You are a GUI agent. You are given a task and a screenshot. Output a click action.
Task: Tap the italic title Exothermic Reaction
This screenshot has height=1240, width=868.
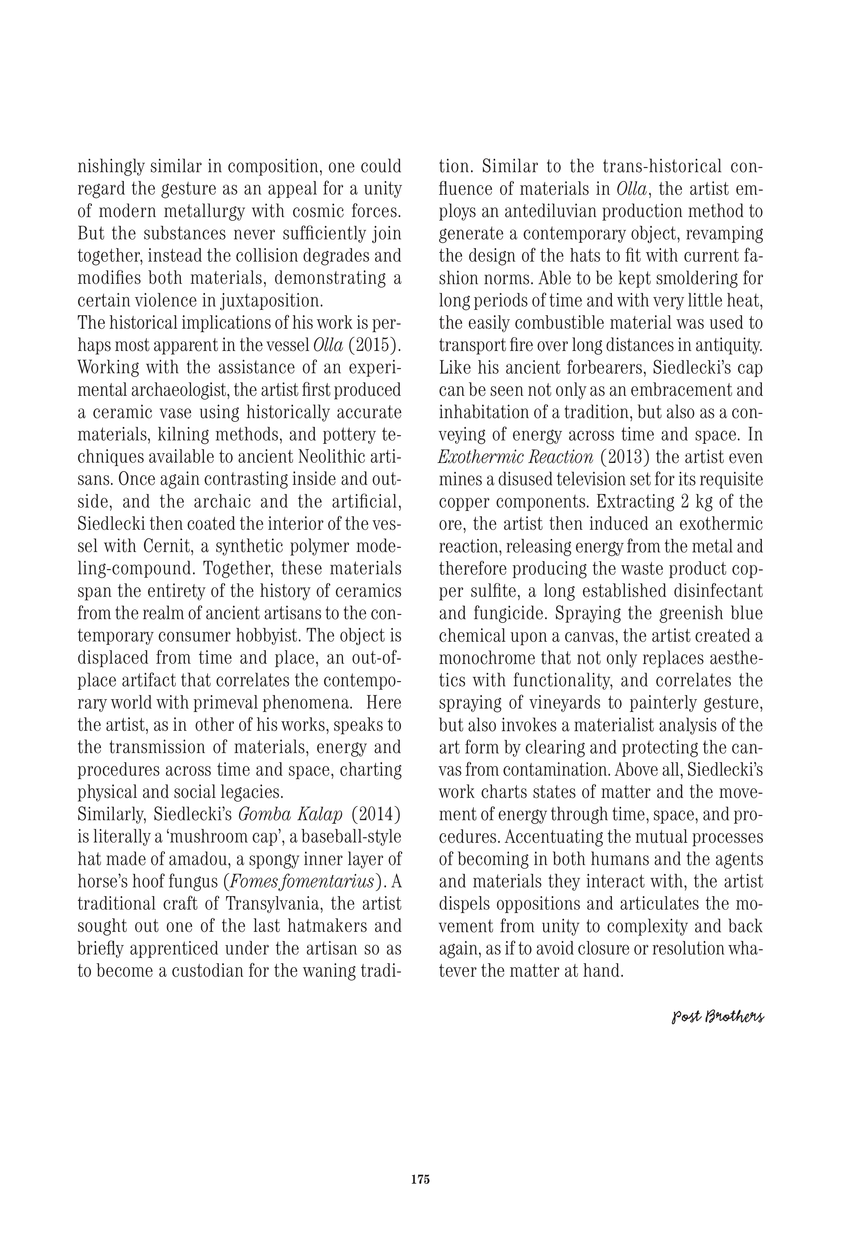coord(515,457)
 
